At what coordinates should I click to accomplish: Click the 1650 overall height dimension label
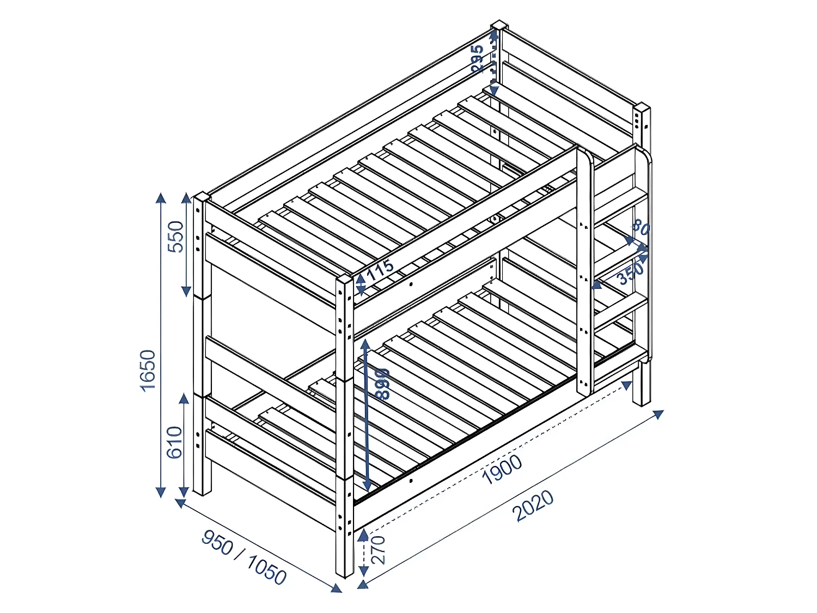click(148, 371)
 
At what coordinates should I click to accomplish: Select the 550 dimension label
click(176, 236)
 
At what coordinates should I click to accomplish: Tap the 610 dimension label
click(174, 442)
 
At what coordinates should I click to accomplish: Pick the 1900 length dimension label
click(502, 469)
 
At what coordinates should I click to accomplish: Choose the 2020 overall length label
click(534, 506)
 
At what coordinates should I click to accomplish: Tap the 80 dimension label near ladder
click(641, 227)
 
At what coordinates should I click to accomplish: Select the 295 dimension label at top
click(477, 59)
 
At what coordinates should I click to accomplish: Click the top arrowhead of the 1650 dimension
click(161, 197)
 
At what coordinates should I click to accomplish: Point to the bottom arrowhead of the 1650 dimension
click(161, 492)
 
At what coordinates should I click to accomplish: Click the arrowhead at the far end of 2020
click(659, 414)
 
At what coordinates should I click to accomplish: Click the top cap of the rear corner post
click(499, 25)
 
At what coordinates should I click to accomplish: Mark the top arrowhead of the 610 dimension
click(184, 399)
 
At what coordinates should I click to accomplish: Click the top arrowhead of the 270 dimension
click(363, 535)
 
